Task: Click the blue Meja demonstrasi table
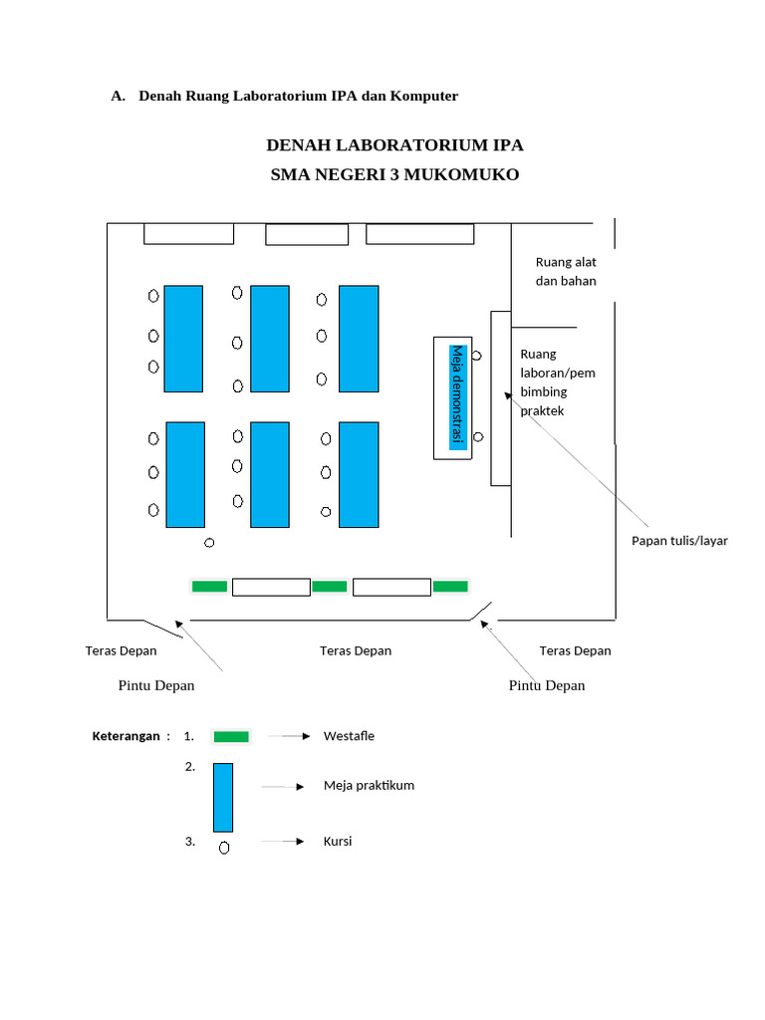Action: click(457, 397)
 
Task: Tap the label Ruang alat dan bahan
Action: click(566, 272)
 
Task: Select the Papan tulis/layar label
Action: click(679, 541)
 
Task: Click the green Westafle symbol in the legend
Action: click(231, 737)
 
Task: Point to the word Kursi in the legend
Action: click(338, 842)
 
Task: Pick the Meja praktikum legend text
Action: click(369, 785)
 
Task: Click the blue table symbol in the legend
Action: click(223, 797)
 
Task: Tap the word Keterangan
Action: click(126, 736)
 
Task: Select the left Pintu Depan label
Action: click(156, 685)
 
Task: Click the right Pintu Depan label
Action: click(547, 685)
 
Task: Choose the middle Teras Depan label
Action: click(356, 650)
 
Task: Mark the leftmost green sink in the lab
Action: click(209, 587)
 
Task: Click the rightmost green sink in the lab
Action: click(450, 587)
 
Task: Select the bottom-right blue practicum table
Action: click(359, 474)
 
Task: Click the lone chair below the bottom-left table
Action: click(209, 543)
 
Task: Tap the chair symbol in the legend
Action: click(224, 848)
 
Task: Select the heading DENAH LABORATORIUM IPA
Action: click(394, 145)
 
